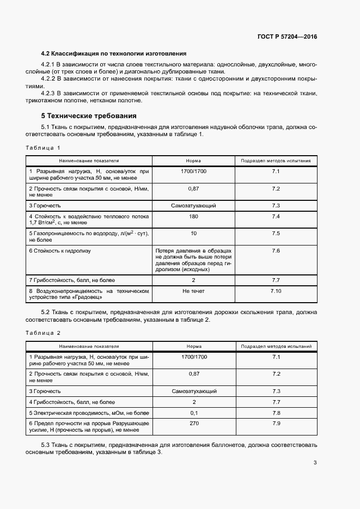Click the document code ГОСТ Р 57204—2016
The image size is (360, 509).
287,37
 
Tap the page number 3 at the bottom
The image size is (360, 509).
315,463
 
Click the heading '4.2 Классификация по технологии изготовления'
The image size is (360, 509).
114,53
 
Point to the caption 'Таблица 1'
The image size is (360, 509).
42,148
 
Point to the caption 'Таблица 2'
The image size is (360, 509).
42,332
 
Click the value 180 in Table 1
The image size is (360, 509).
193,217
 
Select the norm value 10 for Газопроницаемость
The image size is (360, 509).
193,234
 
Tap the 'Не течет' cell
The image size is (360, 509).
193,291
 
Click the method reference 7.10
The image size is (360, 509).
276,291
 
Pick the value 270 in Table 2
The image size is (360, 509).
193,423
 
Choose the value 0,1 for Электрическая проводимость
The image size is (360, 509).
193,413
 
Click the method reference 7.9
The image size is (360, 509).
276,423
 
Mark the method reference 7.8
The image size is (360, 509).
276,413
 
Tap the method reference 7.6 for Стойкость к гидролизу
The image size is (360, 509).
276,250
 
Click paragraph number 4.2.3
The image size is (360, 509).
52,93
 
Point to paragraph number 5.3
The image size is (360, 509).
47,445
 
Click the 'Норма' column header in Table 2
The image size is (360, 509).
193,346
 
